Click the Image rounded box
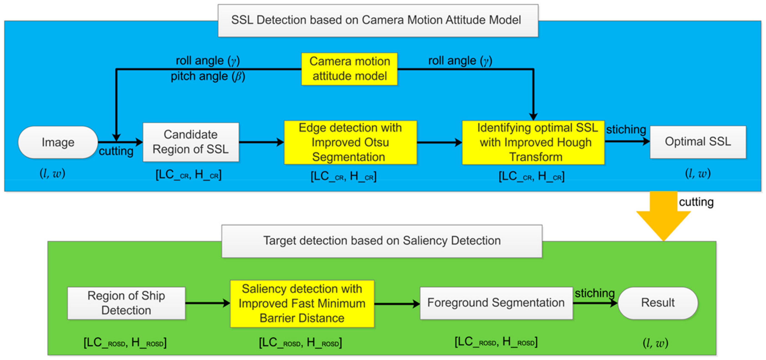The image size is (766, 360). coord(58,142)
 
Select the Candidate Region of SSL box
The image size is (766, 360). coord(191,142)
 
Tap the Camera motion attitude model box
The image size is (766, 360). coord(349,69)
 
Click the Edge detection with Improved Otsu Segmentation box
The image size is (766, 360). coord(350,142)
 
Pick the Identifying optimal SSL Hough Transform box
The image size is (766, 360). coord(533,142)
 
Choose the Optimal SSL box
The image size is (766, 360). coord(698,142)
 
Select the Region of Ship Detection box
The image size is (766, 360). coord(126,303)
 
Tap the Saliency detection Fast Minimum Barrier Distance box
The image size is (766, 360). coord(302,303)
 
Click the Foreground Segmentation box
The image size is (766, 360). coord(496,303)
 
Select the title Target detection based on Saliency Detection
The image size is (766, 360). coord(382,241)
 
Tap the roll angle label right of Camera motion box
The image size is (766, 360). coord(460,61)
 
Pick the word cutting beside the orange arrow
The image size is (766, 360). coord(696,202)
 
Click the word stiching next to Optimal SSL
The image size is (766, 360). coord(626,130)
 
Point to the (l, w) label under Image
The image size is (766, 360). coord(52,173)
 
